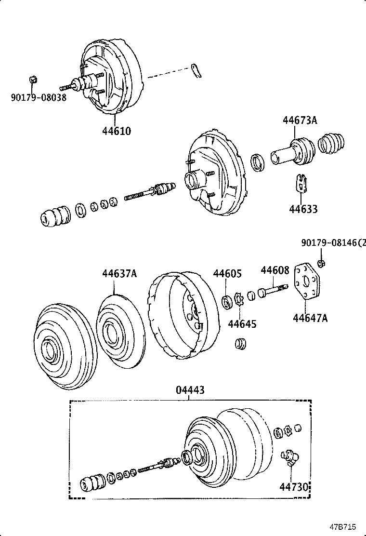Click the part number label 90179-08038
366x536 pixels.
pos(39,97)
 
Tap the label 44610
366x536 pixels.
pos(117,131)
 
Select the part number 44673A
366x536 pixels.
pos(300,121)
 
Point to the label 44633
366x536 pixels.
pos(303,209)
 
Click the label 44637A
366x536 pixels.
pos(119,274)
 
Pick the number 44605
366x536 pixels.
pos(227,274)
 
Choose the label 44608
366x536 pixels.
pos(275,270)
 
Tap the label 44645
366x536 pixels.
pos(242,323)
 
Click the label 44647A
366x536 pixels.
pos(310,318)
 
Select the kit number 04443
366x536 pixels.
pos(190,390)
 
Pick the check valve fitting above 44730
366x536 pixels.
pos(289,456)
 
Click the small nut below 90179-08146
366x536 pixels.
pos(322,263)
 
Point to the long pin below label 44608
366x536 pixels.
pos(274,290)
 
